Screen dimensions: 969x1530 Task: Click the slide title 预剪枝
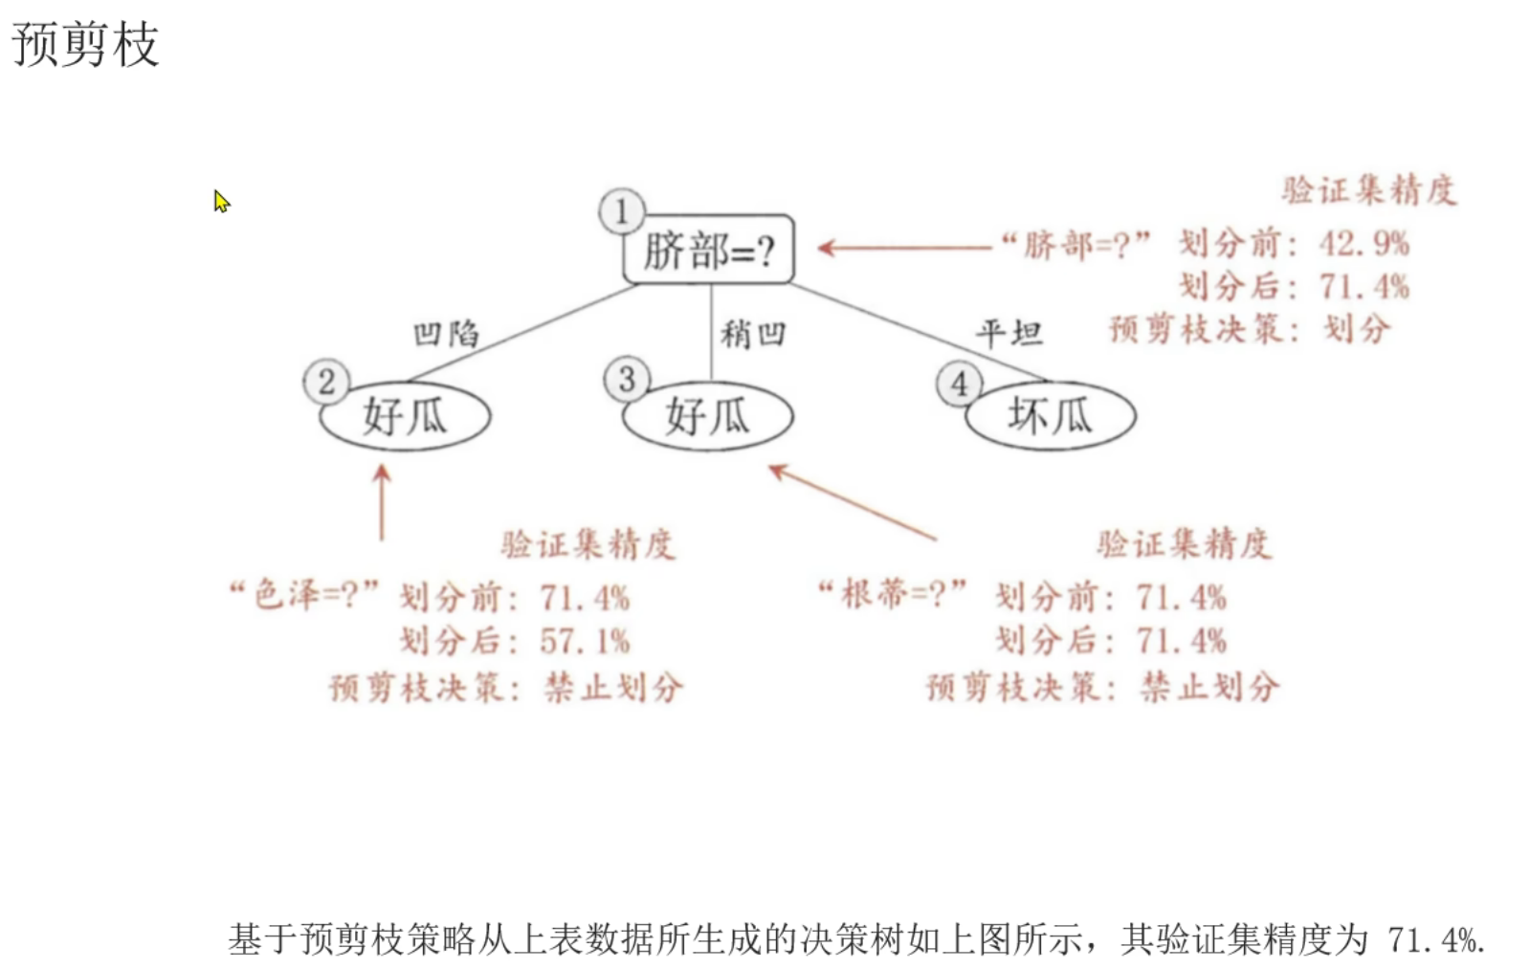point(85,45)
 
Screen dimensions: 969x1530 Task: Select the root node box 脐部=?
point(708,251)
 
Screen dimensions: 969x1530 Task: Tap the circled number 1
point(622,211)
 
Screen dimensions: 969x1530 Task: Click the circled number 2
point(326,382)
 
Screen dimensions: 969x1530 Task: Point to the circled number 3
point(627,380)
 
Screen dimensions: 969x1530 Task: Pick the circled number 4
point(959,384)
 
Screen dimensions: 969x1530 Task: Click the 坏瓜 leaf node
point(1050,416)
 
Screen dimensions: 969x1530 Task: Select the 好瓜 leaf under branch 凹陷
point(405,416)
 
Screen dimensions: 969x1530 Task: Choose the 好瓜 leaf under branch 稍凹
point(708,416)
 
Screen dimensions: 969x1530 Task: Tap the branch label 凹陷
point(446,334)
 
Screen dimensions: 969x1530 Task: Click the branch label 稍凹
point(753,334)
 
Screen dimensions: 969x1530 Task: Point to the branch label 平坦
point(1009,333)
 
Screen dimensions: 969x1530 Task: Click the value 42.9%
point(1364,244)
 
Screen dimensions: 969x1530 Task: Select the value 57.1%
point(585,641)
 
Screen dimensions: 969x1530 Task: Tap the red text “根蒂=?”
point(892,594)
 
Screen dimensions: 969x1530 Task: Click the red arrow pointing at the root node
point(904,248)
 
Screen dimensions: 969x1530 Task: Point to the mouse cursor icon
point(221,201)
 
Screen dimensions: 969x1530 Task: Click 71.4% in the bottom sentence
point(1434,940)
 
